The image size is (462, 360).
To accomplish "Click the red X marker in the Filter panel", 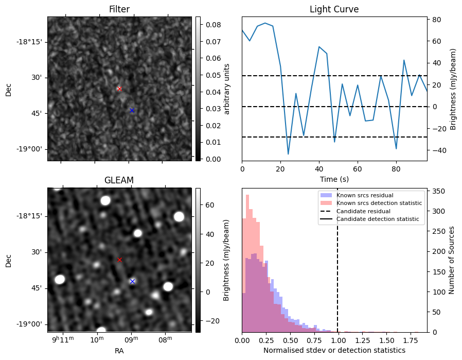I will pos(119,89).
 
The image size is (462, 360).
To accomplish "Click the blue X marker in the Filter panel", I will pos(132,110).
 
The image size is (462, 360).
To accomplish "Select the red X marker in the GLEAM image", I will pos(120,260).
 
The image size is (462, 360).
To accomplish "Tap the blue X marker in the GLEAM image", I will pos(132,281).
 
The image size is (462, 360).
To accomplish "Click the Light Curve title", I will pos(334,9).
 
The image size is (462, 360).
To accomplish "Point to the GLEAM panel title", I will pos(119,180).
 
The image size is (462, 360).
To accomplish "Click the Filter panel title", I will pos(119,9).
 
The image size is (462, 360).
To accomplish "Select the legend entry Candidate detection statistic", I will pos(377,219).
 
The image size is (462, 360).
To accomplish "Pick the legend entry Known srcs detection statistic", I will pos(379,203).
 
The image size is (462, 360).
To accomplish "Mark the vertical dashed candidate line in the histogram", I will pos(337,268).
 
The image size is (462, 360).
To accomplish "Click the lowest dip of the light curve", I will pos(288,154).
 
